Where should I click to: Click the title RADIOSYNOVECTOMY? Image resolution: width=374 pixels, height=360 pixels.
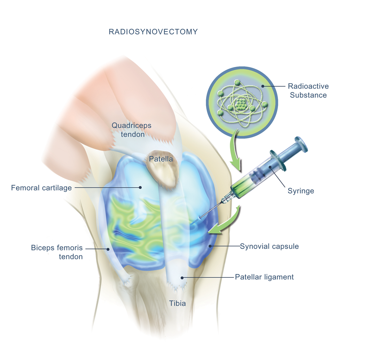[153, 32]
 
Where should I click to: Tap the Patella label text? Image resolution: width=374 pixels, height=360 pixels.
[161, 159]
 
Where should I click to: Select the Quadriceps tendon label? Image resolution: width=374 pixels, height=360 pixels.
[132, 129]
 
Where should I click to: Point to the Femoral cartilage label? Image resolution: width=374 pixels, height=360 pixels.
[41, 188]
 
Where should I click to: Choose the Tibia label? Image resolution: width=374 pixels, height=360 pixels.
[178, 303]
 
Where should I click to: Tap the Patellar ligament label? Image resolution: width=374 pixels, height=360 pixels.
[264, 277]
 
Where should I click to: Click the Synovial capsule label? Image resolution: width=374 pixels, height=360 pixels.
[269, 246]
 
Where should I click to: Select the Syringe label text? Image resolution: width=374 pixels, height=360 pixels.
[301, 191]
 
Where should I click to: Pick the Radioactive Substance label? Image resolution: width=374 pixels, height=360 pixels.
[308, 90]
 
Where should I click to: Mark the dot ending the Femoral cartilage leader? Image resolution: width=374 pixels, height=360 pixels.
[140, 187]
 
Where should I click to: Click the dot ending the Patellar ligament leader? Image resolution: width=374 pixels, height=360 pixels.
[182, 277]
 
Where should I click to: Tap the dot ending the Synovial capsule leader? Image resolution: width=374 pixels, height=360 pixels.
[210, 246]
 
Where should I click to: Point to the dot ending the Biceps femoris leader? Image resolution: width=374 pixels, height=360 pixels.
[108, 249]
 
